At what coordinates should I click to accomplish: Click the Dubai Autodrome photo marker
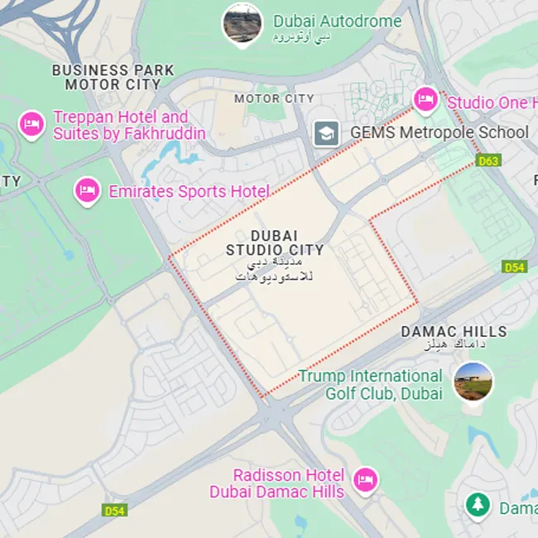(x=242, y=23)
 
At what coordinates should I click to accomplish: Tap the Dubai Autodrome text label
(x=337, y=22)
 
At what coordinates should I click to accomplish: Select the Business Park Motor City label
(x=113, y=77)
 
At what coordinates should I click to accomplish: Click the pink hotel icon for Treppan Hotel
(x=32, y=124)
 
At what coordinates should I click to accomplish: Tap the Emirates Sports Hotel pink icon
(x=87, y=191)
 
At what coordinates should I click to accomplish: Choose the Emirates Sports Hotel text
(x=189, y=192)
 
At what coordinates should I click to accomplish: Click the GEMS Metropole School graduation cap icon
(x=326, y=132)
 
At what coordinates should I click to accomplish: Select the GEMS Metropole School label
(x=439, y=132)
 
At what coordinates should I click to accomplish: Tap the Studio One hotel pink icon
(x=425, y=100)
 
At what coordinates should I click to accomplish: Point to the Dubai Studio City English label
(x=275, y=243)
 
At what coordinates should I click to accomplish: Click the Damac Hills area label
(x=454, y=331)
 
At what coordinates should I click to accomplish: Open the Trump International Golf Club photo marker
(x=473, y=381)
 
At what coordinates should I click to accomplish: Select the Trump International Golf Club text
(x=371, y=385)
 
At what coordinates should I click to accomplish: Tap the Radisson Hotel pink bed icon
(x=365, y=479)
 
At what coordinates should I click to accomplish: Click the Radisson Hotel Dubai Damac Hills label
(x=277, y=483)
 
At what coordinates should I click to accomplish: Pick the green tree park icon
(x=477, y=504)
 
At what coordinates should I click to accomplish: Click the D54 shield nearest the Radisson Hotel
(x=115, y=511)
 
